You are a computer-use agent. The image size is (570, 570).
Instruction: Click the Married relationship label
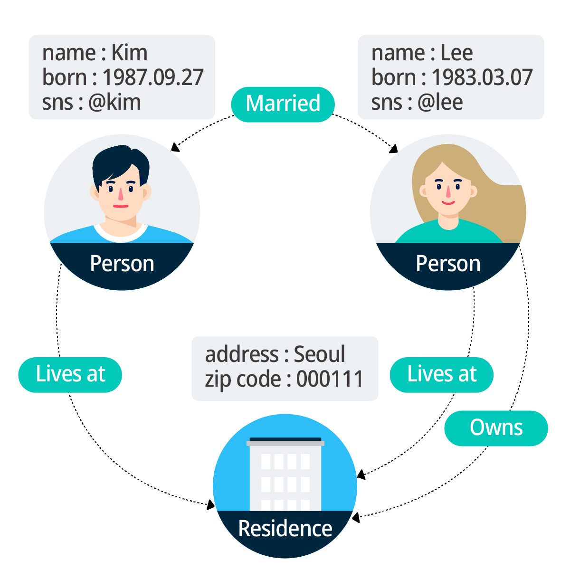[x=283, y=104]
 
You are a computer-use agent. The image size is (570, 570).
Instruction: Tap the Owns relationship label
[x=496, y=428]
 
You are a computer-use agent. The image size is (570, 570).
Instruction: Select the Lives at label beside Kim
[x=70, y=374]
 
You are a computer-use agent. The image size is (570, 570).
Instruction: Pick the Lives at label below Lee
[x=442, y=374]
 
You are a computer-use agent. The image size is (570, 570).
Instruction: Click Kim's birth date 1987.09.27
[x=153, y=77]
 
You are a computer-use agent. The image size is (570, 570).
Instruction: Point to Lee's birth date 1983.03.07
[x=482, y=77]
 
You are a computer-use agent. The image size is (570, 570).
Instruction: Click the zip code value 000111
[x=330, y=379]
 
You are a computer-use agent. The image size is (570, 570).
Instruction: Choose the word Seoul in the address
[x=319, y=354]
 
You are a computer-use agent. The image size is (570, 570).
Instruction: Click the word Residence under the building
[x=285, y=529]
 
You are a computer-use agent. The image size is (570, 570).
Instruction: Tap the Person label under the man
[x=122, y=264]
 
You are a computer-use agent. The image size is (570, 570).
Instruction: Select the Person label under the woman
[x=448, y=264]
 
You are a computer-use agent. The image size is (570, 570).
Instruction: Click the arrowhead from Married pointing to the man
[x=175, y=148]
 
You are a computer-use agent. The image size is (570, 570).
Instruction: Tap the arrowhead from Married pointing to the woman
[x=393, y=150]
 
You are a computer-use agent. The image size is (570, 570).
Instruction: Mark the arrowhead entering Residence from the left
[x=210, y=505]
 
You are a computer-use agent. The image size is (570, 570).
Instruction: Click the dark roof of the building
[x=285, y=439]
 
